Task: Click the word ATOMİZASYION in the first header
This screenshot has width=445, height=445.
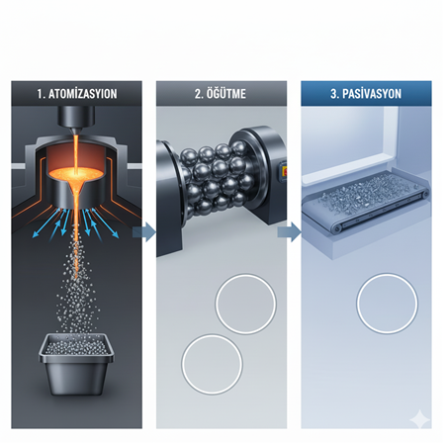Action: [83, 94]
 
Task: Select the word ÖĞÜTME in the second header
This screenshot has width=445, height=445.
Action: [226, 94]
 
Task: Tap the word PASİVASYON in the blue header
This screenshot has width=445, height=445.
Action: [372, 94]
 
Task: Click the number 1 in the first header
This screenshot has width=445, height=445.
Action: [40, 94]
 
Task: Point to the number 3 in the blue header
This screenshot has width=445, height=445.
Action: [333, 94]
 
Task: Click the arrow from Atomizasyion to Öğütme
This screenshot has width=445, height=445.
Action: [144, 232]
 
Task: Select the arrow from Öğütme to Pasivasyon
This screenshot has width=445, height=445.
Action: [289, 232]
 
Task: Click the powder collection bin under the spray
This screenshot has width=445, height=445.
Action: [76, 364]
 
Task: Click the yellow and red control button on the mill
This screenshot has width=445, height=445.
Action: [284, 171]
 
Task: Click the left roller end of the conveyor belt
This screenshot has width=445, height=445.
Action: [337, 228]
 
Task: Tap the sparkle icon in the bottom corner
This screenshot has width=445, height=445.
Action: [419, 419]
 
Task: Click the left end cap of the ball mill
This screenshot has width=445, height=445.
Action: [169, 198]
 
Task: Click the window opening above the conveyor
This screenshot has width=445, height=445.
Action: [349, 140]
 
